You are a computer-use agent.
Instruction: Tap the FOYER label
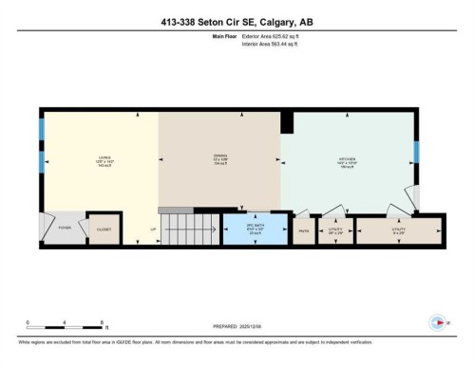pyautogui.click(x=65, y=229)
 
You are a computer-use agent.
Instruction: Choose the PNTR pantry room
pyautogui.click(x=304, y=230)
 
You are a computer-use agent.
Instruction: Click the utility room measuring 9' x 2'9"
pyautogui.click(x=399, y=230)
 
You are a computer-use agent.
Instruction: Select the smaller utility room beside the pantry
pyautogui.click(x=335, y=230)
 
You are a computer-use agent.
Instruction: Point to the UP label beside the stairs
pyautogui.click(x=152, y=229)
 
